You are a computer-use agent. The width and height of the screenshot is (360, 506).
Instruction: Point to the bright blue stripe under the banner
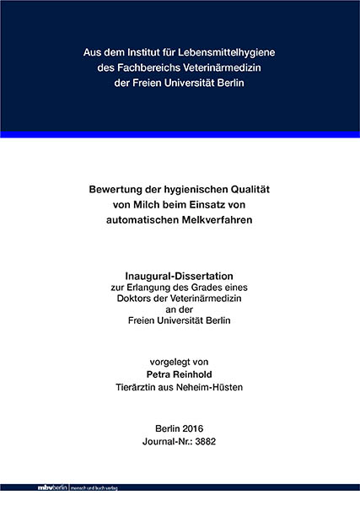(x=180, y=135)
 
